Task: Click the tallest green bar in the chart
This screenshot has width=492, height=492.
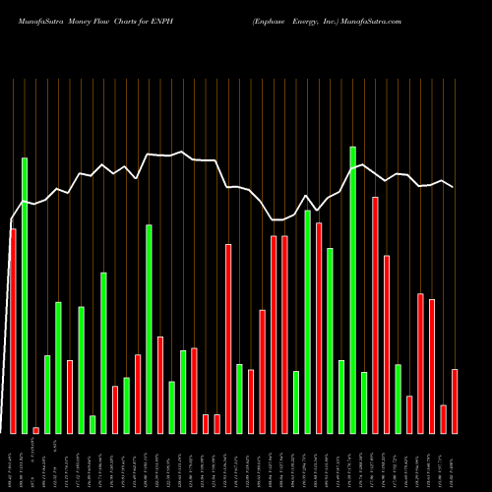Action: point(352,289)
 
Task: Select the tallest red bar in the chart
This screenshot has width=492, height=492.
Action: point(375,315)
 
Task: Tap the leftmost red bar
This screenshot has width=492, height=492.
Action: point(13,331)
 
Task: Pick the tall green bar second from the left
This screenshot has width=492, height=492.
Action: point(25,295)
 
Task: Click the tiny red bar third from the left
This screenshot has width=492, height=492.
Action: point(35,430)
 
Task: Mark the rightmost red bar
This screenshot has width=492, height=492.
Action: point(455,400)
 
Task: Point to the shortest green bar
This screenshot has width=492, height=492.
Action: point(92,424)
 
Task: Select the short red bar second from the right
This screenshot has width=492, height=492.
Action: point(443,418)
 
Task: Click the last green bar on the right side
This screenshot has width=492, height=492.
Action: point(398,399)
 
